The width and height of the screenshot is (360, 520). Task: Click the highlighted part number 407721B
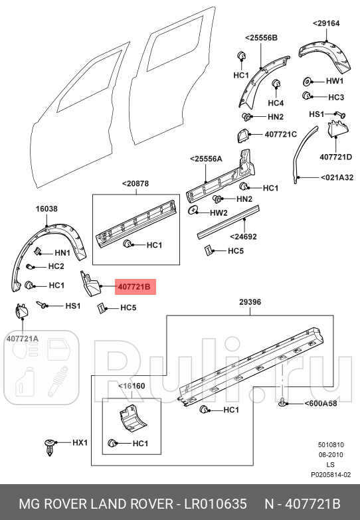(x=135, y=287)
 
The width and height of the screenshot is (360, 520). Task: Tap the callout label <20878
(x=135, y=183)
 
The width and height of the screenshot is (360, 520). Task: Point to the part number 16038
(x=46, y=209)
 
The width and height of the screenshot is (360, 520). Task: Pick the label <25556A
(x=206, y=159)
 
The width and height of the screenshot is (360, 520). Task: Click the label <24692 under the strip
(x=243, y=236)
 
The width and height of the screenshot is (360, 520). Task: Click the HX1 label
(x=80, y=442)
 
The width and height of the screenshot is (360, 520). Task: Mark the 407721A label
(x=23, y=339)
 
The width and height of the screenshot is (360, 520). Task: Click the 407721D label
(x=335, y=157)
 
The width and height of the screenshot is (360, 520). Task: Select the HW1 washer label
(x=335, y=81)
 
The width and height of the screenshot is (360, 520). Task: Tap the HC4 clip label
(x=276, y=103)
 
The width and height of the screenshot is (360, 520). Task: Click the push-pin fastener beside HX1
(x=50, y=445)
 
